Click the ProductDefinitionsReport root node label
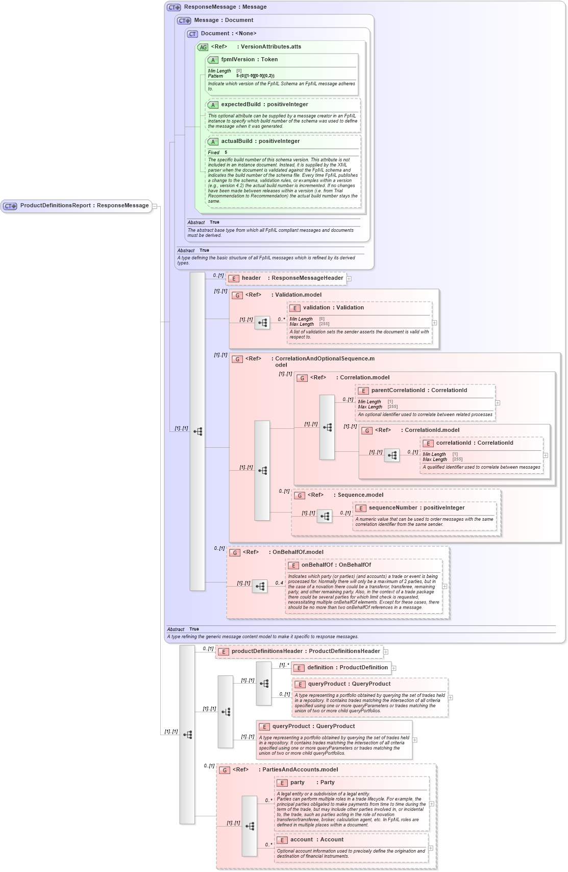click(x=84, y=206)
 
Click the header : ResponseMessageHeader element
click(x=292, y=278)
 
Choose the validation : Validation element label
click(x=333, y=308)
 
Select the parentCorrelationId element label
click(x=419, y=391)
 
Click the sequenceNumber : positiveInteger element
click(x=416, y=508)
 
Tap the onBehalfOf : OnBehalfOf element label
click(x=336, y=565)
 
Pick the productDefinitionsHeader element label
click(x=305, y=651)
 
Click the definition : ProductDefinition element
click(x=347, y=668)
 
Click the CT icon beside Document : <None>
click(x=192, y=34)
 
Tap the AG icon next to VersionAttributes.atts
click(x=203, y=47)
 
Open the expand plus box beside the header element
click(x=349, y=279)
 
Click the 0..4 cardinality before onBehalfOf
click(x=279, y=583)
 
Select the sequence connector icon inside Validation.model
click(x=262, y=323)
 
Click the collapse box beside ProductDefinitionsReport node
click(x=155, y=206)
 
